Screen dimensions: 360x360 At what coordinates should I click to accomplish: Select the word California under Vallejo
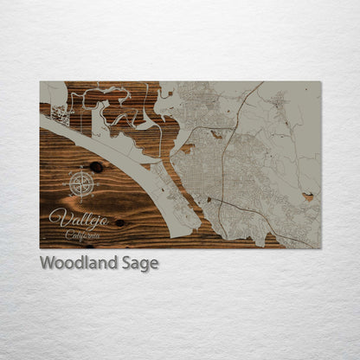click(82, 235)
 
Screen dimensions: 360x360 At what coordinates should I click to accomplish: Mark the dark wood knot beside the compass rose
click(96, 167)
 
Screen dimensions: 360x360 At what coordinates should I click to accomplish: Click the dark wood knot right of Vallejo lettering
click(119, 222)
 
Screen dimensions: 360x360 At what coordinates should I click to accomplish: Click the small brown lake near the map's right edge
click(308, 196)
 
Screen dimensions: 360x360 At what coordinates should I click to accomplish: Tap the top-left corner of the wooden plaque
click(40, 82)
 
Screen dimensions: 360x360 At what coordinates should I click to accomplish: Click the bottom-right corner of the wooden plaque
click(320, 248)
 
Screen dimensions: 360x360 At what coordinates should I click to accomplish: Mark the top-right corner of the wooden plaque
click(320, 82)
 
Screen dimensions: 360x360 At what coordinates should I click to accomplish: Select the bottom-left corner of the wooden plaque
click(40, 248)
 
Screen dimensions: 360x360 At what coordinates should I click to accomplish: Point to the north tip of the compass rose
click(80, 171)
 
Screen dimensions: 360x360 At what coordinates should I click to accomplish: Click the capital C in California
click(68, 235)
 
